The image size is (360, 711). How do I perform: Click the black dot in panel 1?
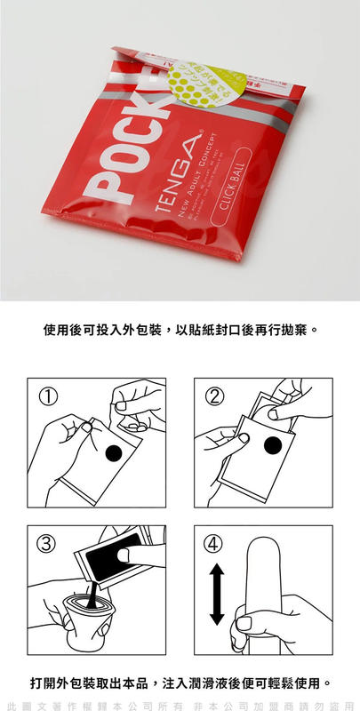point(114,454)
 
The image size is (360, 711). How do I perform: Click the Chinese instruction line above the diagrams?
point(180,330)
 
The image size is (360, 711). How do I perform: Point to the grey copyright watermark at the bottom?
point(180,703)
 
